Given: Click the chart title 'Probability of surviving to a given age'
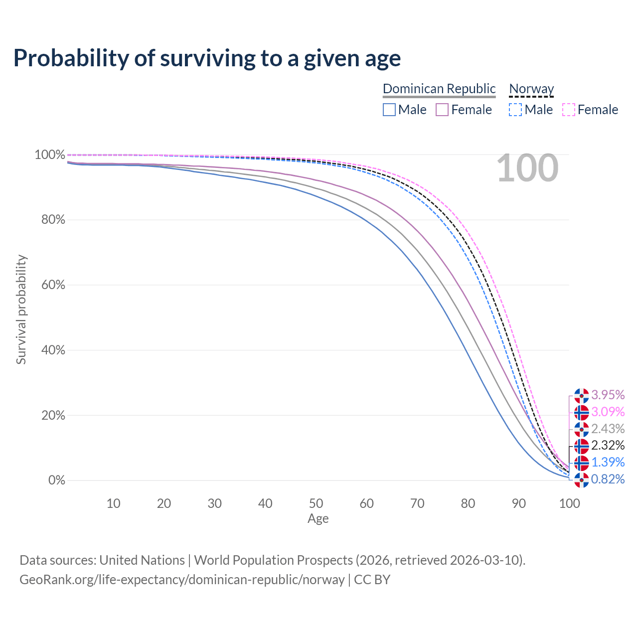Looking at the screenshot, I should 207,58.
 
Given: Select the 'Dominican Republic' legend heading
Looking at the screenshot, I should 439,89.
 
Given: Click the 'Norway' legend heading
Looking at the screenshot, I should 531,89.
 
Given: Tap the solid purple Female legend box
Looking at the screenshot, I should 442,110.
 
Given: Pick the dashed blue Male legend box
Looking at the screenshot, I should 515,110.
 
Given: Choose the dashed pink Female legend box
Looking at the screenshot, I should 569,110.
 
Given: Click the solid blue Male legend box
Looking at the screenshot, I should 389,110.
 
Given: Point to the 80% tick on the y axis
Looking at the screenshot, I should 53,220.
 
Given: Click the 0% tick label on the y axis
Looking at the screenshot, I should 57,480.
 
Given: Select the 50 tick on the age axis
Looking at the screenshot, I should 316,503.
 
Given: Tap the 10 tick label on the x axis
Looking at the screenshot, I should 114,503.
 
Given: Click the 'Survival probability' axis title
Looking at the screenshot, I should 21,310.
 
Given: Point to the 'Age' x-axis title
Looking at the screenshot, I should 318,519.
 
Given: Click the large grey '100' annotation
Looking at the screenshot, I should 527,168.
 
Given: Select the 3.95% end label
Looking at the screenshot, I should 608,395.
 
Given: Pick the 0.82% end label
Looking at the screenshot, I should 608,479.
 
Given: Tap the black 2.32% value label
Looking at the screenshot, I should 608,445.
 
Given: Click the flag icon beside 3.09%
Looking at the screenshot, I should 582,413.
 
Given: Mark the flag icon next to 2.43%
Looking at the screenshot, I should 582,429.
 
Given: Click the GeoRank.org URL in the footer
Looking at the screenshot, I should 182,580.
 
